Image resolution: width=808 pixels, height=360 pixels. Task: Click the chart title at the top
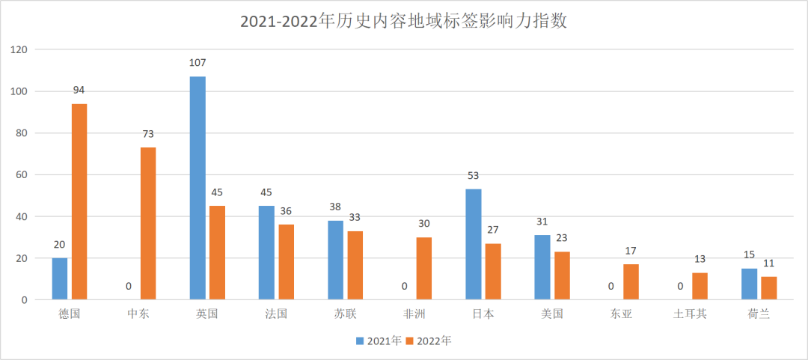[x=403, y=21]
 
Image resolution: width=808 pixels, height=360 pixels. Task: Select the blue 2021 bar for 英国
[x=198, y=188]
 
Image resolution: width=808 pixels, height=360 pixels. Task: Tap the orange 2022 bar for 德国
[x=79, y=201]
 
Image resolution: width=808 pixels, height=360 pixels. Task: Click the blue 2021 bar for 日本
[x=473, y=244]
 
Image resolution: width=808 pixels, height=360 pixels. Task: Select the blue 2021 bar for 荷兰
[x=749, y=284]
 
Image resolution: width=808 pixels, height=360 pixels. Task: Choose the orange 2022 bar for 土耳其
[x=700, y=286]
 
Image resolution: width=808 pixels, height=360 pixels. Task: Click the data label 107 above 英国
[x=198, y=63]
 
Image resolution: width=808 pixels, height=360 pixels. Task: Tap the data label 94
[x=79, y=90]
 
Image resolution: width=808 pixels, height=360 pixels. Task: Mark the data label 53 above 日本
[x=473, y=175]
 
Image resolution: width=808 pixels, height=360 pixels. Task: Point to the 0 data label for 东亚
[x=610, y=286]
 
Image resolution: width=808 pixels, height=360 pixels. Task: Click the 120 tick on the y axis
[x=19, y=50]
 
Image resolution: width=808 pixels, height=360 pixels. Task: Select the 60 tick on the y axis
[x=21, y=175]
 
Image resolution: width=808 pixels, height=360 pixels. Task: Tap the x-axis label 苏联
[x=345, y=314]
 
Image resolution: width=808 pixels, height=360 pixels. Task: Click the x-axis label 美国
[x=551, y=314]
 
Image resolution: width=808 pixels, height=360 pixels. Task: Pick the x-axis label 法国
[x=276, y=314]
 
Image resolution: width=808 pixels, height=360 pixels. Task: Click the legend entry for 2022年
[x=429, y=341]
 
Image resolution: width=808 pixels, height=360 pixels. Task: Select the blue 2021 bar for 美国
[x=542, y=267]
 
